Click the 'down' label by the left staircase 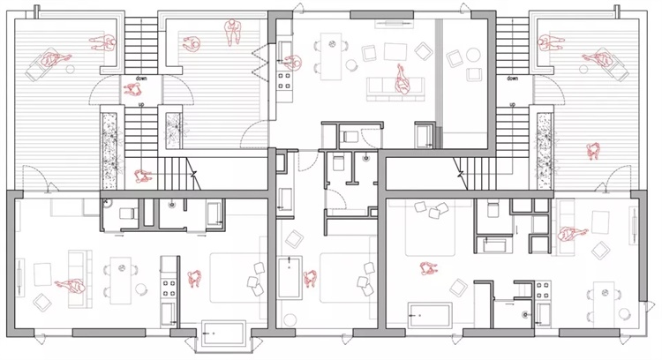click(x=141, y=79)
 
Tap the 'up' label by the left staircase click(x=141, y=104)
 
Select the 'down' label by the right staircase click(x=512, y=79)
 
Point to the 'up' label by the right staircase click(x=512, y=104)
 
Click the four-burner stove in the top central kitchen click(x=284, y=80)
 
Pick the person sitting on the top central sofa click(x=402, y=79)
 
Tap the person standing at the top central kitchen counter click(x=293, y=63)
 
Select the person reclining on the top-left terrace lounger click(x=55, y=58)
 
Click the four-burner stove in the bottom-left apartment click(x=169, y=289)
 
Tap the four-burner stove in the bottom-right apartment click(x=543, y=290)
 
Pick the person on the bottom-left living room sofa click(x=70, y=286)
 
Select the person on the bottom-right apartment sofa click(x=572, y=234)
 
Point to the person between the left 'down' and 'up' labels click(x=132, y=89)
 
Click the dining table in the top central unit click(x=332, y=56)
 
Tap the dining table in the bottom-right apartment click(x=604, y=302)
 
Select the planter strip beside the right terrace click(x=545, y=151)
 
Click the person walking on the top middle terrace click(x=231, y=32)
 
